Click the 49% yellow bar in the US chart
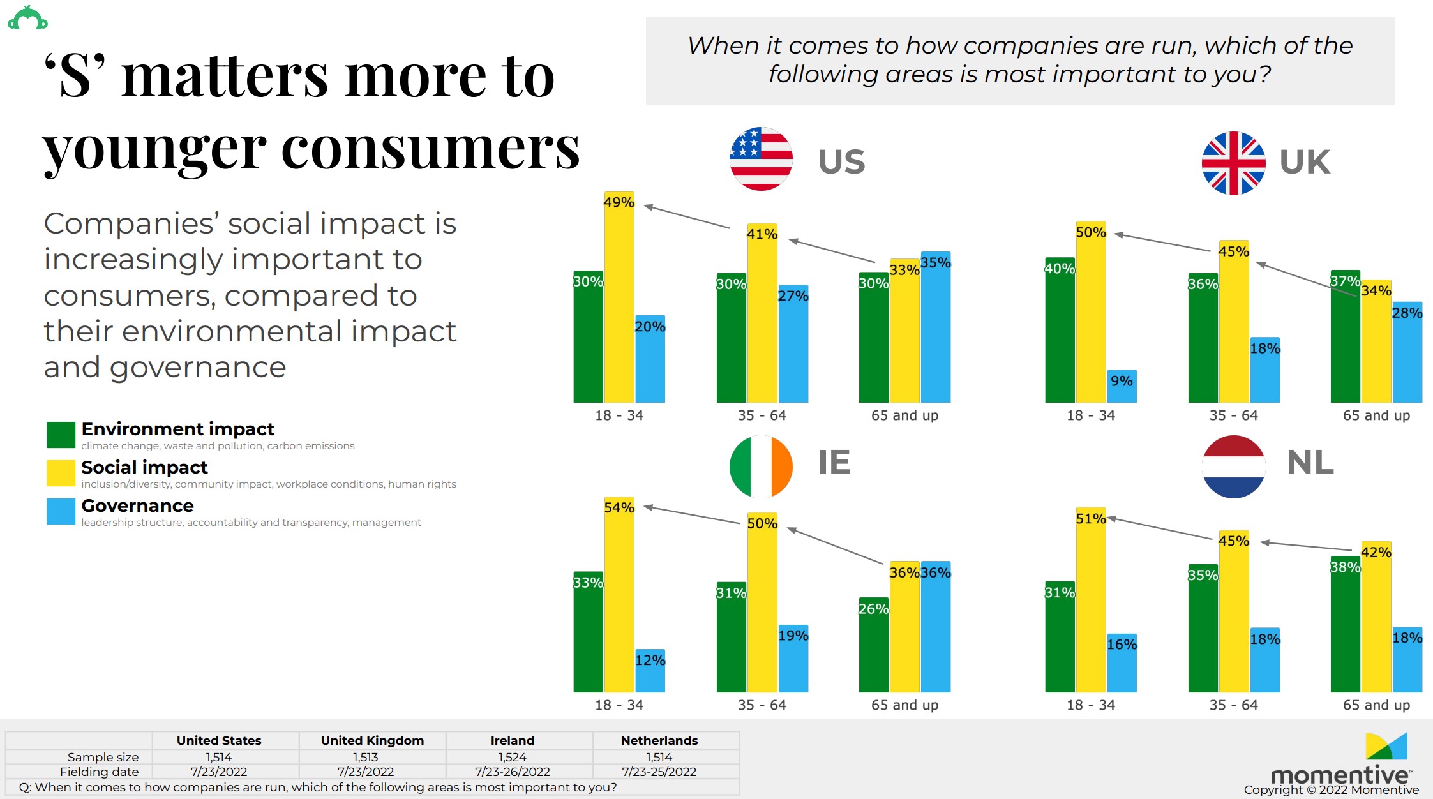tap(619, 300)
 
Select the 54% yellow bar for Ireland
tap(619, 597)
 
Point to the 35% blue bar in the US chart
tap(936, 329)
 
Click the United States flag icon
tap(761, 159)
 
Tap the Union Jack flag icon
tap(1233, 163)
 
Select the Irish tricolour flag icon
tap(761, 467)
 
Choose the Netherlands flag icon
tap(1233, 467)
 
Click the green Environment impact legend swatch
tap(61, 435)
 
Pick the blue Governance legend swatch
tap(61, 511)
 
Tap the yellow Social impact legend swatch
tap(61, 473)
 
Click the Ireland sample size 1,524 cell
tap(513, 757)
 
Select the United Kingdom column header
tap(372, 740)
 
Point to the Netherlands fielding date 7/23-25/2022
tap(659, 772)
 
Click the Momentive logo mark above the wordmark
tap(1386, 747)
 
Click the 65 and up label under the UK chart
tap(1376, 415)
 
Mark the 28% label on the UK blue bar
tap(1407, 313)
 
